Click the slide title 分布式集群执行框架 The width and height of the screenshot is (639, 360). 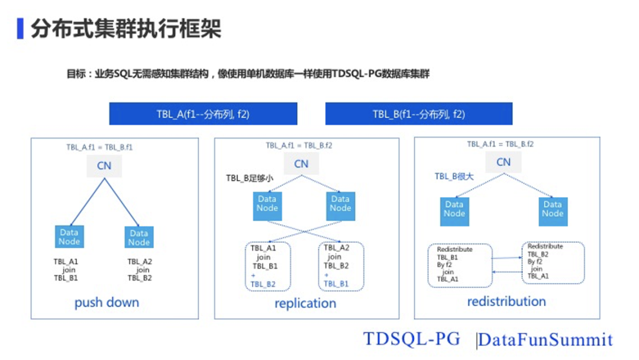tap(125, 28)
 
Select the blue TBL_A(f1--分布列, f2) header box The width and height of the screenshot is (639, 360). tap(203, 114)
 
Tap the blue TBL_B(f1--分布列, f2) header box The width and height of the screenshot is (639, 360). tap(418, 114)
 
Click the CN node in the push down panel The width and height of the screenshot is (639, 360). tap(104, 166)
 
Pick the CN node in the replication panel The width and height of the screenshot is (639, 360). tap(301, 163)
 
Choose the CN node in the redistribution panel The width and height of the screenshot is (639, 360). tap(504, 162)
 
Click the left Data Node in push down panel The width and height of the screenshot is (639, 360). tap(69, 237)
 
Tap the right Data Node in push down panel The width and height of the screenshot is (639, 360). tap(139, 237)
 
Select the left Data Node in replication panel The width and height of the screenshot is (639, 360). tap(267, 204)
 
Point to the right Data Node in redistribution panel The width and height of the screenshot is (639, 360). tap(553, 209)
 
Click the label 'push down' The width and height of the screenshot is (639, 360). tap(106, 303)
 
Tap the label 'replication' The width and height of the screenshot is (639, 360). tap(305, 303)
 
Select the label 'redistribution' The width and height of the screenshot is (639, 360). tap(506, 301)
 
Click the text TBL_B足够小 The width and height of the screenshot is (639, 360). tap(249, 178)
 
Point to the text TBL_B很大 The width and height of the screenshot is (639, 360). tap(454, 176)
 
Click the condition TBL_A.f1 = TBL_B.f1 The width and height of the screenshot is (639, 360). tap(99, 147)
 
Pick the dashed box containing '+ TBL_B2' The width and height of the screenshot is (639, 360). tap(268, 266)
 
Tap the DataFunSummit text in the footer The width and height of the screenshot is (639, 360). tap(545, 340)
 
